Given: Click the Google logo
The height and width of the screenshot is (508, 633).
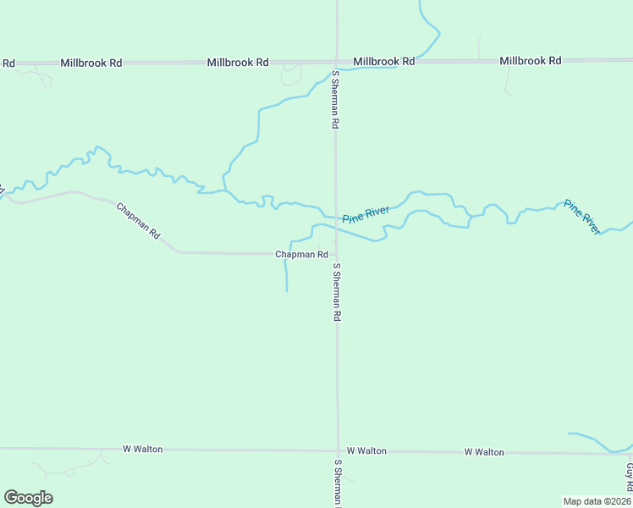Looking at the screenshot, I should click(x=28, y=498).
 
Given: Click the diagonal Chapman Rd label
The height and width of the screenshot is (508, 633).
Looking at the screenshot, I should click(x=138, y=221).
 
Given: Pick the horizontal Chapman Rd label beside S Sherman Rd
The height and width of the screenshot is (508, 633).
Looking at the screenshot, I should click(x=301, y=254).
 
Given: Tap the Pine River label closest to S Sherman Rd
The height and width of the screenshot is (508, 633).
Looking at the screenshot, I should click(x=366, y=213).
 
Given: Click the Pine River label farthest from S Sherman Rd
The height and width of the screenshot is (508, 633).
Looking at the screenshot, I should click(x=582, y=217).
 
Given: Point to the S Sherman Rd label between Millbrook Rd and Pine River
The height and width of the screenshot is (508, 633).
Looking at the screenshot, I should click(x=336, y=99).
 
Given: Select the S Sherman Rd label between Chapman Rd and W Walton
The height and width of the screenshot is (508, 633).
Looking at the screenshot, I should click(x=337, y=292).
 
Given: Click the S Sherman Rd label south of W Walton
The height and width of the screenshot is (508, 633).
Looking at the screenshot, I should click(x=338, y=483).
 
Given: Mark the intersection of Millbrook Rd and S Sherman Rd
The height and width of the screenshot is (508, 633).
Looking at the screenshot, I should click(x=336, y=62).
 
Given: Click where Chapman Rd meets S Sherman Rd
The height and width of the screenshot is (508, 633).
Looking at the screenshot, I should click(x=336, y=253).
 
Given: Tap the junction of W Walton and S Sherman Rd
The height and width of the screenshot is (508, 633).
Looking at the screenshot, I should click(x=338, y=450).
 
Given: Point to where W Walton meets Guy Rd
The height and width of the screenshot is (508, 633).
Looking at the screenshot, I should click(x=630, y=453).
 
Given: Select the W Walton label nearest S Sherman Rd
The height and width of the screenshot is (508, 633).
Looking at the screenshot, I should click(x=366, y=451).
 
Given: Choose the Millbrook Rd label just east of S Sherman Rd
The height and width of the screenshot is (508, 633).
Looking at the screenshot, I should click(x=384, y=62).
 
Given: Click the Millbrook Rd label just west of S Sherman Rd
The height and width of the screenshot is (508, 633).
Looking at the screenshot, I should click(x=238, y=63).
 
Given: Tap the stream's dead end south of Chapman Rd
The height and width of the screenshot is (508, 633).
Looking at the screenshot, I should click(x=287, y=292).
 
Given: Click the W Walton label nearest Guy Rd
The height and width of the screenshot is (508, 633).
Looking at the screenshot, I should click(x=484, y=452).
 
